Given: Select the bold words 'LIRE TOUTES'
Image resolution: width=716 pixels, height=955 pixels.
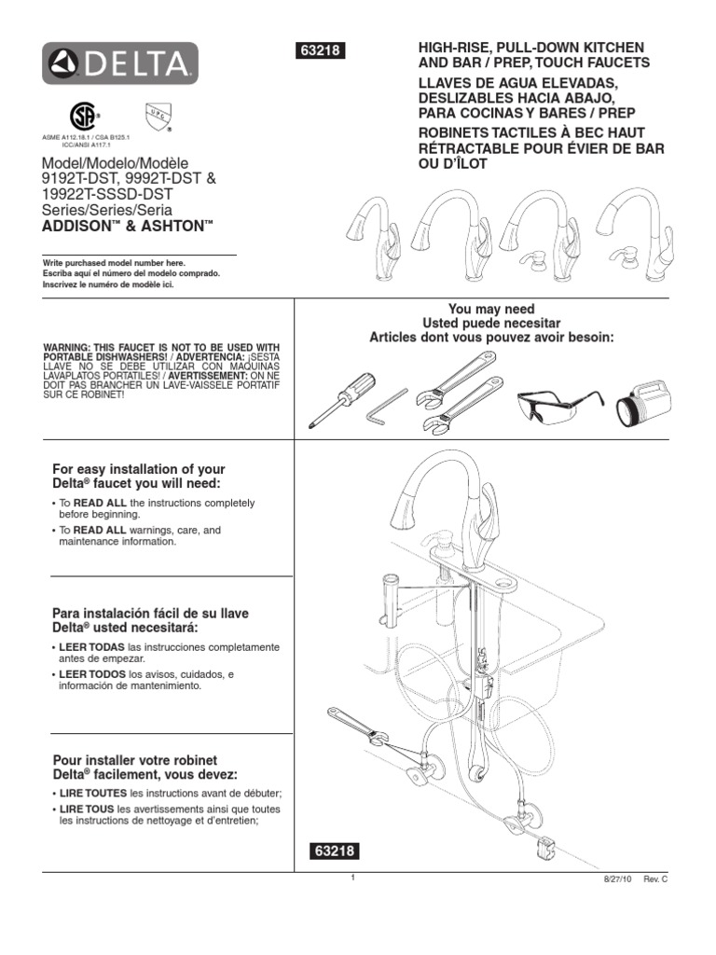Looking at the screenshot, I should pyautogui.click(x=93, y=793).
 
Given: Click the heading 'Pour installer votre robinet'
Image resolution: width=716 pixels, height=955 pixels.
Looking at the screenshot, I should pyautogui.click(x=135, y=761).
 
